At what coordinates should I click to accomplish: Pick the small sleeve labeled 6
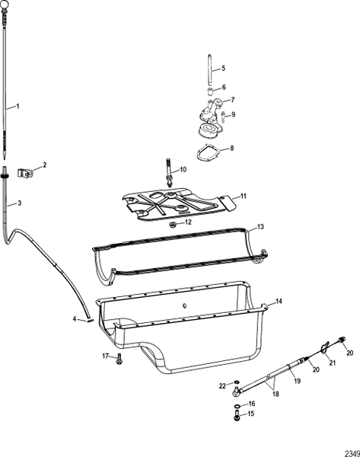coord(208,88)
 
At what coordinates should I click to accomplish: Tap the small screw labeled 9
coord(223,114)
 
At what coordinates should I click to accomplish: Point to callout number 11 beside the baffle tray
coord(244,196)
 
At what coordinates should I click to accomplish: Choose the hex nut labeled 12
coord(174,225)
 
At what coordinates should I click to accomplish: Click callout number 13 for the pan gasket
coord(260,227)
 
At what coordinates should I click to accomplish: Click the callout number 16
coord(253,404)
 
